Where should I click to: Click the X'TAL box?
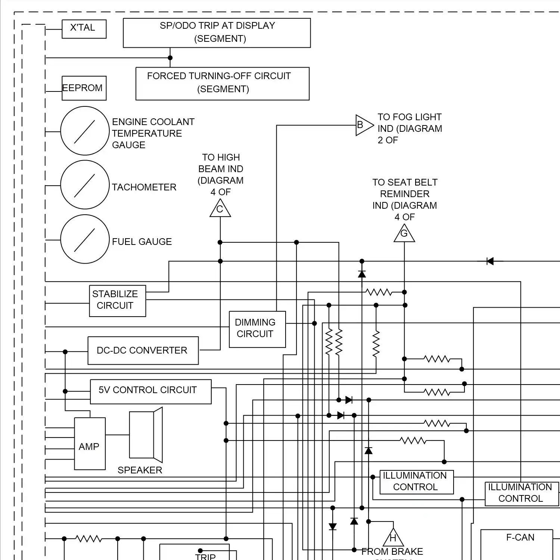pos(84,29)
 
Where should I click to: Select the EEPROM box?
pos(84,88)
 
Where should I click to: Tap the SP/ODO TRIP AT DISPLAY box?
pos(217,33)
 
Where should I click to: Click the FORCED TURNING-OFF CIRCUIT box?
pos(223,84)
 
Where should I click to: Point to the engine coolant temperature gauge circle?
pos(85,131)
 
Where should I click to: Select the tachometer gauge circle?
pos(85,185)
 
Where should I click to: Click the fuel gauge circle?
pos(85,239)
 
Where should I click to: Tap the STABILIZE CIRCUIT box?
pos(117,301)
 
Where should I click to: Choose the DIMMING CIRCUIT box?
pos(257,329)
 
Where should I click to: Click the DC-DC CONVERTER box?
pos(143,351)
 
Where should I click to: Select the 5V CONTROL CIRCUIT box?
pos(150,392)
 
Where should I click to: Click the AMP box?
pos(90,444)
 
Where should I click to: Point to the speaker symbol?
pos(146,435)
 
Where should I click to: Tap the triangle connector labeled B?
pos(363,125)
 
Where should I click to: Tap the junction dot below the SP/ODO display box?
pos(170,58)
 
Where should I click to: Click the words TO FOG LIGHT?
pos(409,117)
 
